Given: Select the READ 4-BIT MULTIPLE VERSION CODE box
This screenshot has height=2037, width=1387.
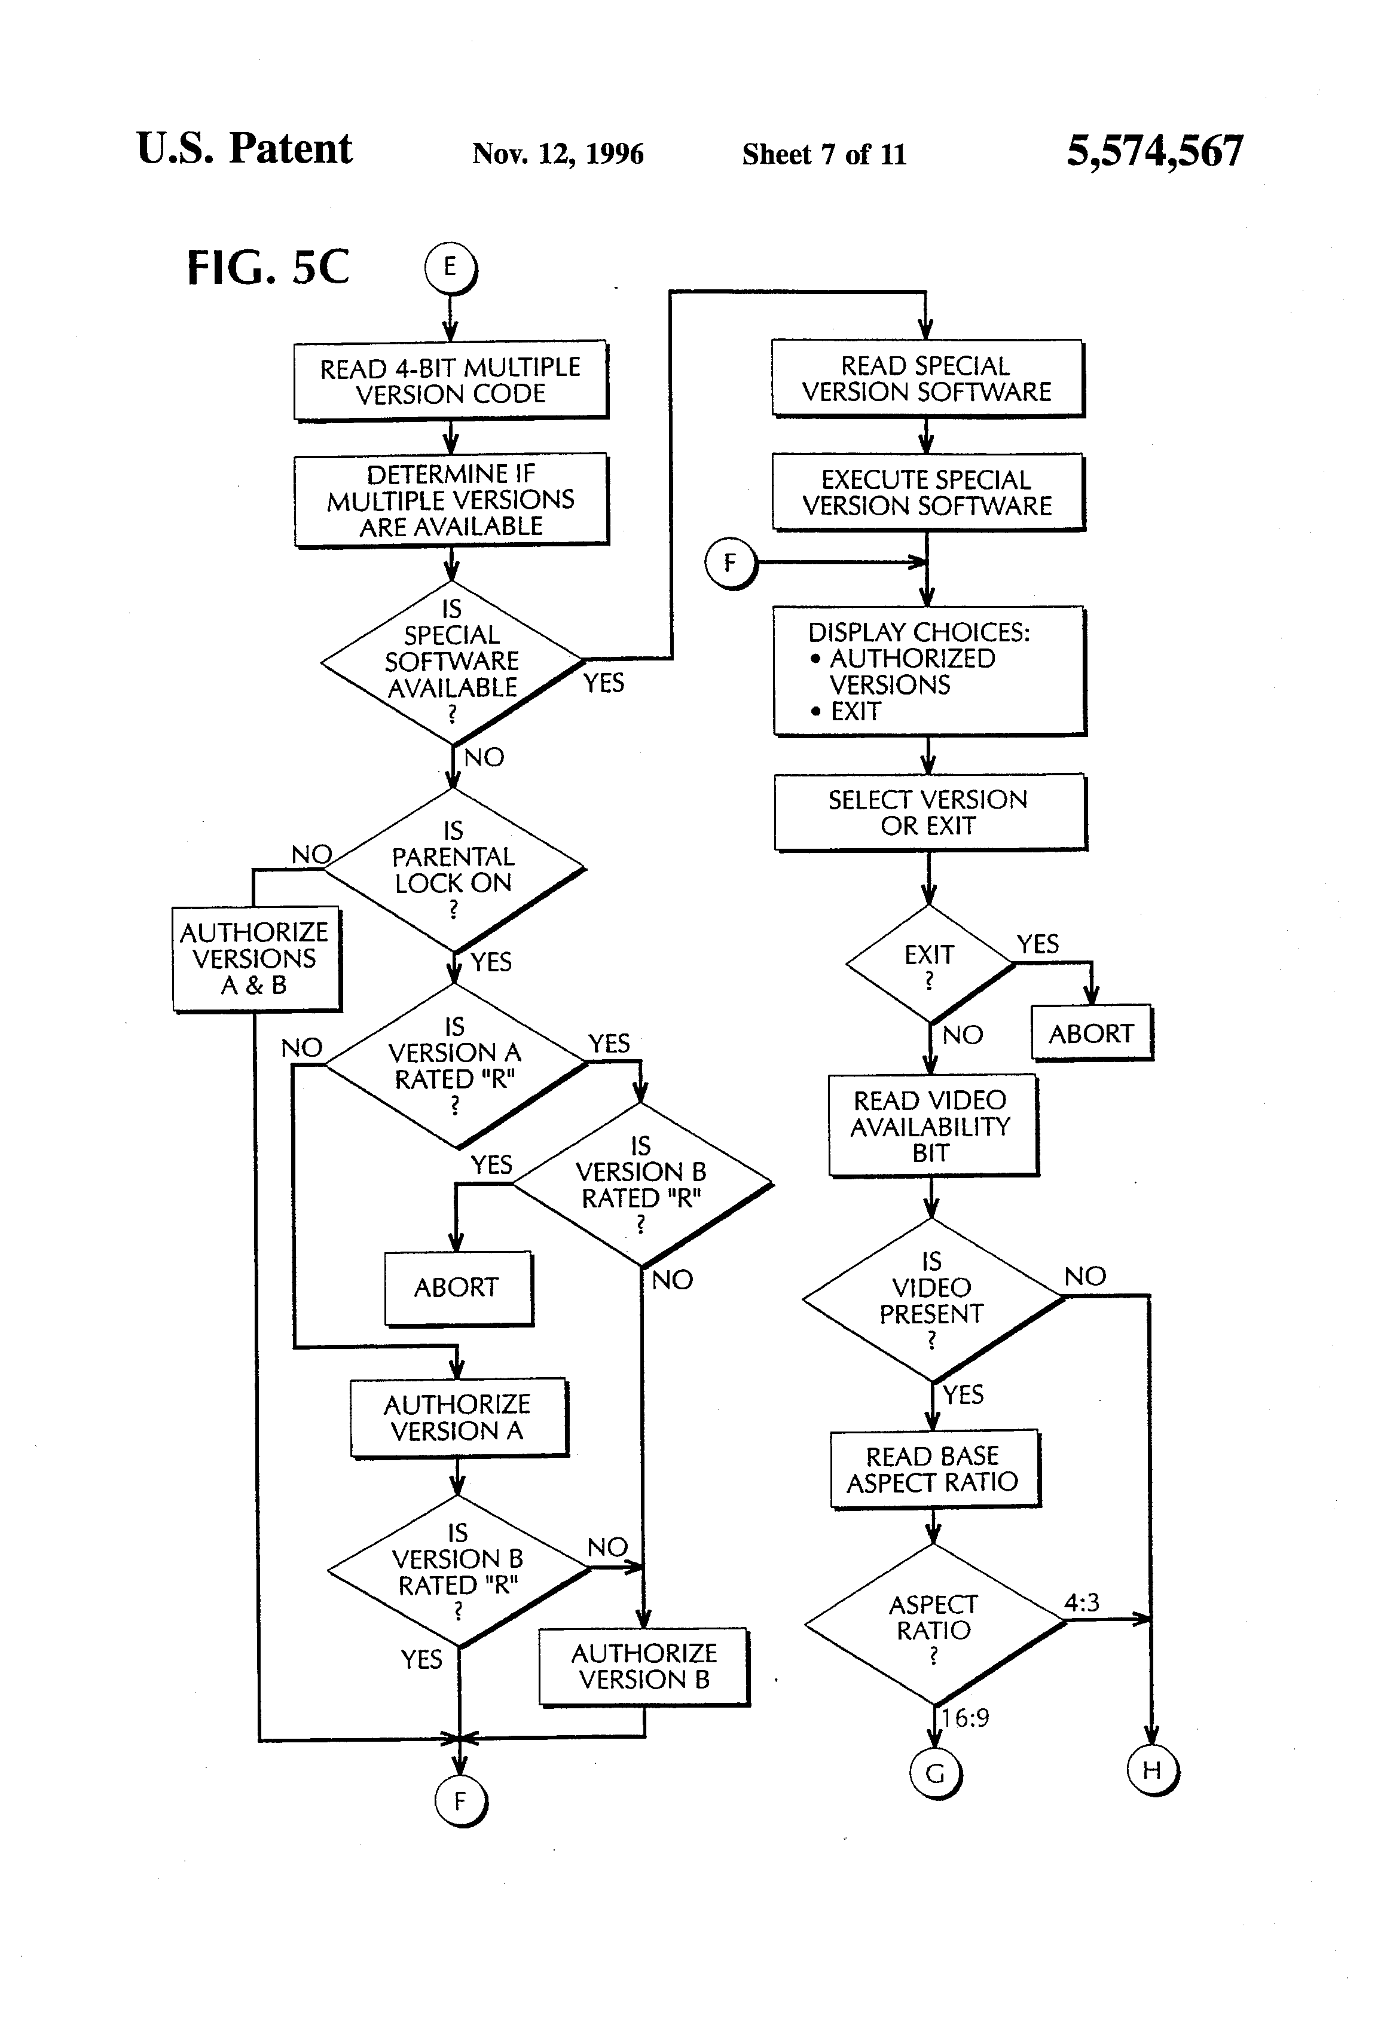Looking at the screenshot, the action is pos(451,380).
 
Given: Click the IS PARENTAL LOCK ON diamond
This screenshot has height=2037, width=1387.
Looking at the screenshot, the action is pos(453,870).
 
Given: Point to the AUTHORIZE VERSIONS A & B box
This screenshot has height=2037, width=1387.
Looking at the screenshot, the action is pos(256,959).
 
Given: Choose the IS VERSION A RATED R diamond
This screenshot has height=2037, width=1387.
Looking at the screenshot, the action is pos(455,1066).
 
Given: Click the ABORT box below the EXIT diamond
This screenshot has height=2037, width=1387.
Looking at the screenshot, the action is pos(1092,1032).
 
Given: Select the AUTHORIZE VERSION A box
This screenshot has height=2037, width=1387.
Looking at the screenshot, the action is pos(459,1418).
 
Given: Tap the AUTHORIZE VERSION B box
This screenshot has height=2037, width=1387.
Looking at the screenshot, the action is pos(644,1666).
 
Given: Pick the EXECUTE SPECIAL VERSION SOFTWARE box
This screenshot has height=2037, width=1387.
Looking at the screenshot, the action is pos(928,492).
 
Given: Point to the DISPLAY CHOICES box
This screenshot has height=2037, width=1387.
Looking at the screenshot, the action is pos(929,671).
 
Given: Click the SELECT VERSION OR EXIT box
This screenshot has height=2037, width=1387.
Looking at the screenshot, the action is pos(930,812).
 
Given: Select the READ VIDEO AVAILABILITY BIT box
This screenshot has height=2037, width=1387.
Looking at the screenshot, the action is pos(933,1125).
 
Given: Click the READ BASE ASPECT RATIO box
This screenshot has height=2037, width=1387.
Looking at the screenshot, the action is pos(934,1469).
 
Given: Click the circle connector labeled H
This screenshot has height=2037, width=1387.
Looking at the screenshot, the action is pos(1153,1770).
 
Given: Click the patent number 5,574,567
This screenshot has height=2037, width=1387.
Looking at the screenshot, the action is pos(1154,151).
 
